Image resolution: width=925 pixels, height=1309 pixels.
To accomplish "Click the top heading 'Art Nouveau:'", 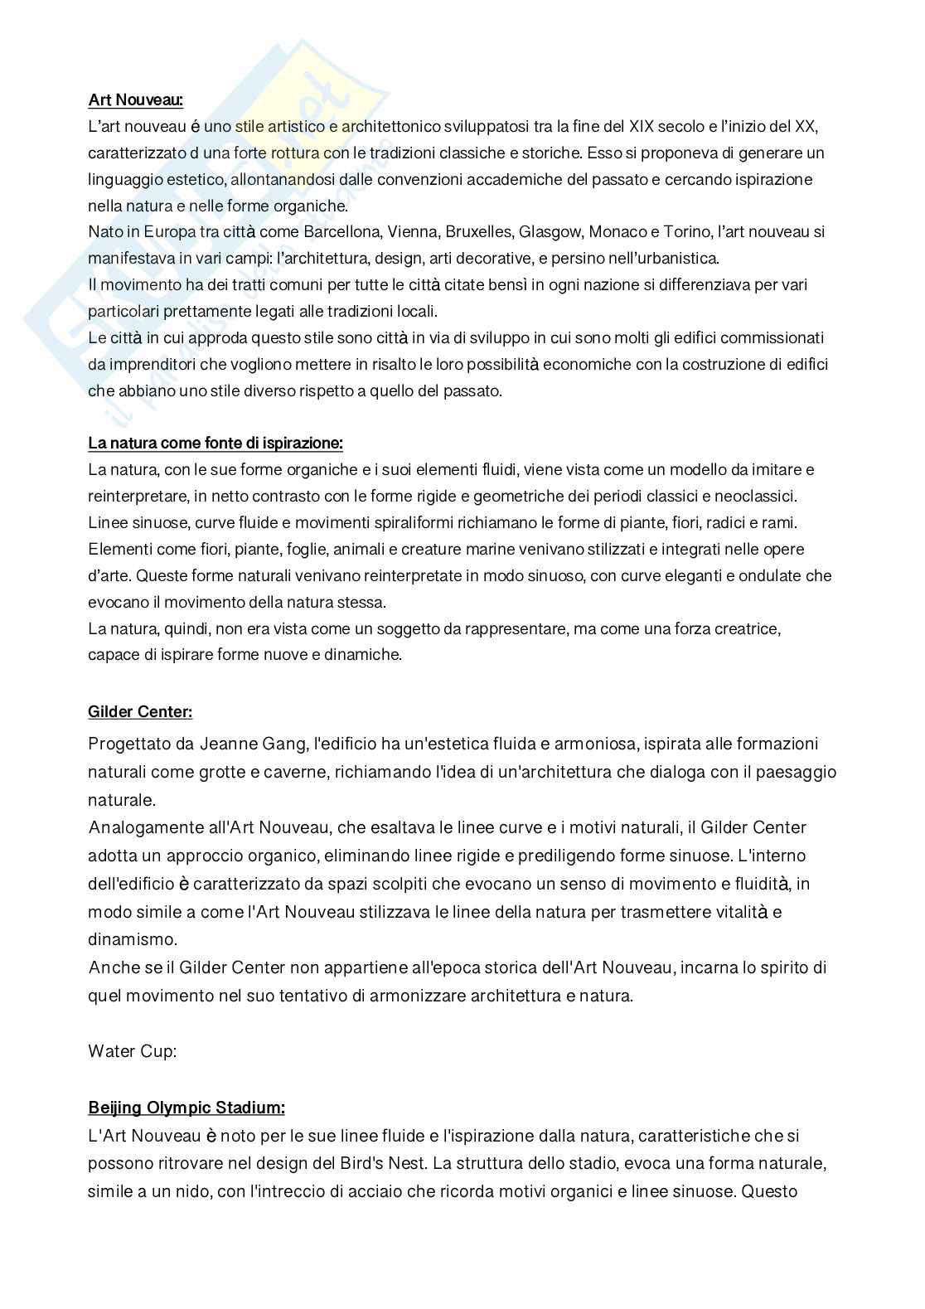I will click(x=135, y=100).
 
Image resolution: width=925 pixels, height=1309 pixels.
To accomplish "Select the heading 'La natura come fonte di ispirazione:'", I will click(x=216, y=443).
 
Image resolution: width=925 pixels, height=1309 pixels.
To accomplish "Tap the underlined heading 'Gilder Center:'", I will click(x=140, y=711).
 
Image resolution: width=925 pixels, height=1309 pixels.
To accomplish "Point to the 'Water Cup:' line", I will click(x=133, y=1051).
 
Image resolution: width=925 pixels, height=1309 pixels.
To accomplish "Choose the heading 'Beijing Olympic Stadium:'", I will click(x=186, y=1108).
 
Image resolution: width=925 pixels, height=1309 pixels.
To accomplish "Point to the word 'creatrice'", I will click(x=748, y=628).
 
